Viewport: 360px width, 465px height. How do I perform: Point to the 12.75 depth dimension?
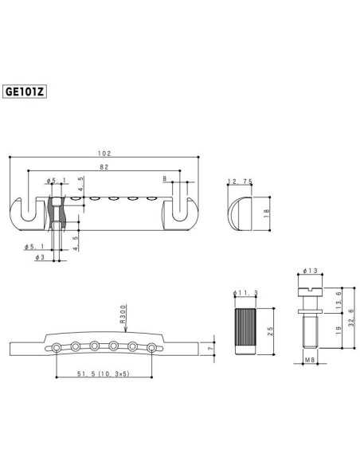[240, 181]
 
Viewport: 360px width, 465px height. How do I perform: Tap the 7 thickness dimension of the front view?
[209, 348]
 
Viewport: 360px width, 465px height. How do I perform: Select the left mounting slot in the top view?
[28, 210]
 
